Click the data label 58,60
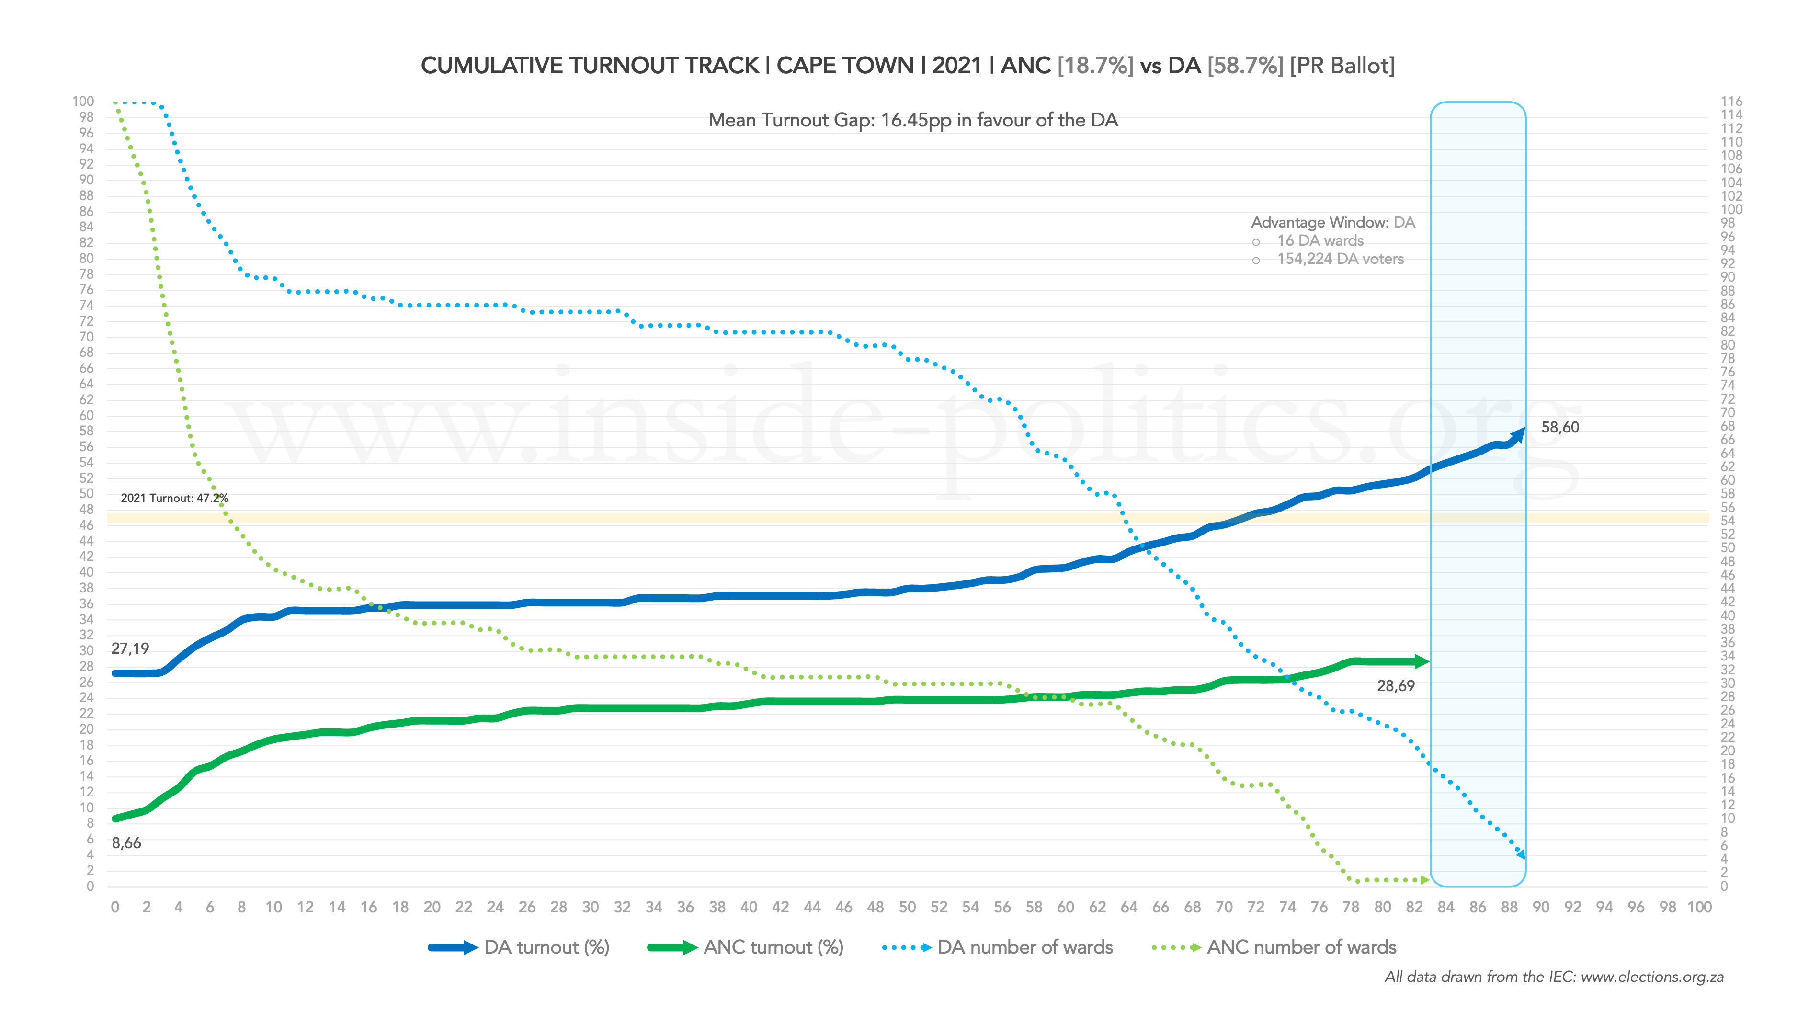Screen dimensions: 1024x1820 (1559, 428)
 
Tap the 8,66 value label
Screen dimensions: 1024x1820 (126, 843)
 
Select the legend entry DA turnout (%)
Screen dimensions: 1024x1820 (546, 948)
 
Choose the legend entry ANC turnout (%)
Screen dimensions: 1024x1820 (773, 948)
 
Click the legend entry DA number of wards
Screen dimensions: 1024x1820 (1024, 948)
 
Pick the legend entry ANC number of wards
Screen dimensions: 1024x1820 (1301, 948)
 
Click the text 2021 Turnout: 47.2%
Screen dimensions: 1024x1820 (174, 498)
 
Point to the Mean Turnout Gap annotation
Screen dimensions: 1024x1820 (913, 120)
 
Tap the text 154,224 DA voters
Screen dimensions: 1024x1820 (1340, 260)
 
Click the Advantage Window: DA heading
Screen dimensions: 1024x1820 (1332, 223)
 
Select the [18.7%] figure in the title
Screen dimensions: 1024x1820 (1095, 66)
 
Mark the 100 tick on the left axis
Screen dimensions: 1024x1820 (83, 102)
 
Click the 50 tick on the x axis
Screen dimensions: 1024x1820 (907, 908)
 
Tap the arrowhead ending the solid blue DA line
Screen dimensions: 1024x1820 (1518, 433)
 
